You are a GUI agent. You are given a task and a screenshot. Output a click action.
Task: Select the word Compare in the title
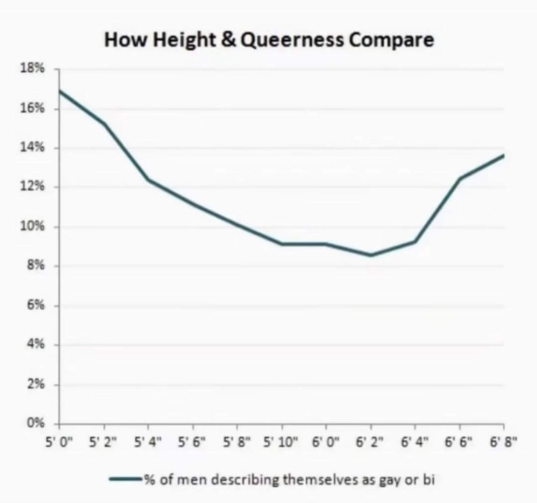[x=391, y=40]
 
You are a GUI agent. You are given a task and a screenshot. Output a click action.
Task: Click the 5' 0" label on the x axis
[x=59, y=441]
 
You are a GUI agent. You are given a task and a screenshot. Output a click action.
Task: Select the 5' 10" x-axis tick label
[x=281, y=441]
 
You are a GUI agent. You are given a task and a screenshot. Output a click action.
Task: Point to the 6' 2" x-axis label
[x=370, y=441]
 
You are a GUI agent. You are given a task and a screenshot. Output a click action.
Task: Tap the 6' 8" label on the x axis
[x=503, y=441]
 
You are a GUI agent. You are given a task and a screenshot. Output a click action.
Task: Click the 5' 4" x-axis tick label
[x=148, y=441]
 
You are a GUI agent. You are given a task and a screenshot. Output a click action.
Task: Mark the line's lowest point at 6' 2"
[x=370, y=255]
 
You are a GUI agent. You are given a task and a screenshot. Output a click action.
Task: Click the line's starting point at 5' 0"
[x=59, y=90]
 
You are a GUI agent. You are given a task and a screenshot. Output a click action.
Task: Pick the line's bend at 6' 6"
[x=459, y=178]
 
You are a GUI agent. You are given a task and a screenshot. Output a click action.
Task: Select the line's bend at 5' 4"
[x=148, y=179]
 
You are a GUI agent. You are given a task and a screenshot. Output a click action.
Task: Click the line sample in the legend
[x=126, y=480]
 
